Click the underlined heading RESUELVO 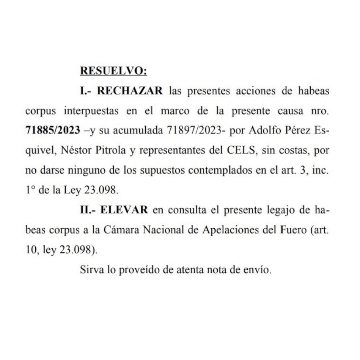click(113, 71)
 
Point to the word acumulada click(144, 131)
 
